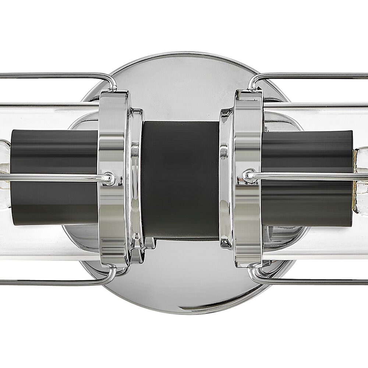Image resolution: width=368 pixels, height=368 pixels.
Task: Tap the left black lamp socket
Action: (55, 155)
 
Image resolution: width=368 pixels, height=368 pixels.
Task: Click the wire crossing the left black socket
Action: (55, 177)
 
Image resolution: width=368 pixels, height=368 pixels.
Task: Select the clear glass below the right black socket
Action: (313, 239)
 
